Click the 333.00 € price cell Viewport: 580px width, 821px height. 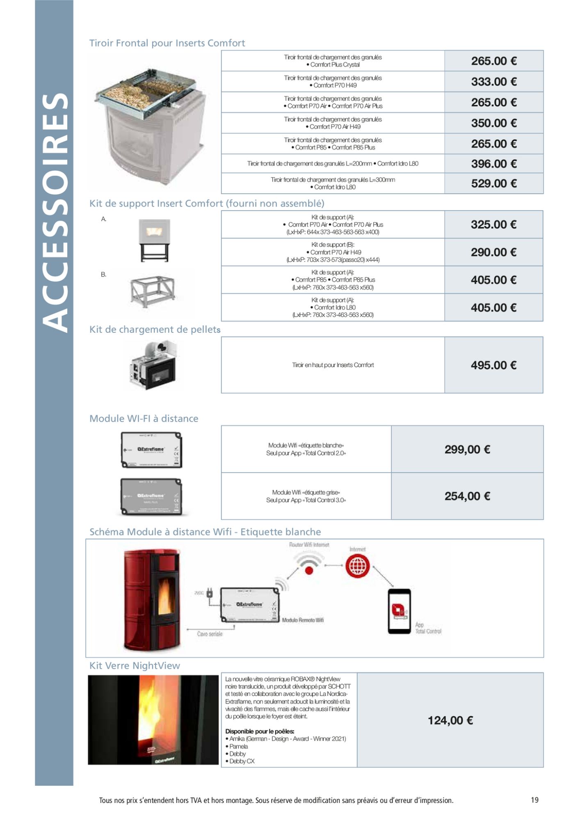click(x=493, y=82)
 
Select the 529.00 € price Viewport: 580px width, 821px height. click(x=493, y=183)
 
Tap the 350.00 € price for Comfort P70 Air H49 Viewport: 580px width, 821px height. click(x=493, y=123)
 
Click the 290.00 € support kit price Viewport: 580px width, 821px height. click(x=493, y=252)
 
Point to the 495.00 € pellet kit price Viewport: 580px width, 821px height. click(x=493, y=365)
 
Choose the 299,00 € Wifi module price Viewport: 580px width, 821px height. click(x=467, y=449)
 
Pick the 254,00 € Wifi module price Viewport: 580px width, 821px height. click(x=467, y=496)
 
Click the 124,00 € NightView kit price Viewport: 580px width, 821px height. click(x=450, y=720)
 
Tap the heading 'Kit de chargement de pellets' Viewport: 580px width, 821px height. click(x=155, y=330)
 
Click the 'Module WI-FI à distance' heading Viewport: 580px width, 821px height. click(x=144, y=419)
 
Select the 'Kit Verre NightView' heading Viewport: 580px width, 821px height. click(x=135, y=666)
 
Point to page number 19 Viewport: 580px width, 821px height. click(x=534, y=800)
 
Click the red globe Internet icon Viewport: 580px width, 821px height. click(x=357, y=566)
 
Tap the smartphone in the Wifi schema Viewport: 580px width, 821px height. click(x=399, y=611)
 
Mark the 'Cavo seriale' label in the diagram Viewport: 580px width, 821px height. click(x=210, y=634)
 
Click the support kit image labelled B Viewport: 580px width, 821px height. click(x=152, y=291)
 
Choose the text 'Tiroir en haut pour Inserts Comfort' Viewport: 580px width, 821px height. click(x=333, y=365)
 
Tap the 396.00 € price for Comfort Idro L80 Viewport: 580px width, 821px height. click(x=493, y=164)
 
